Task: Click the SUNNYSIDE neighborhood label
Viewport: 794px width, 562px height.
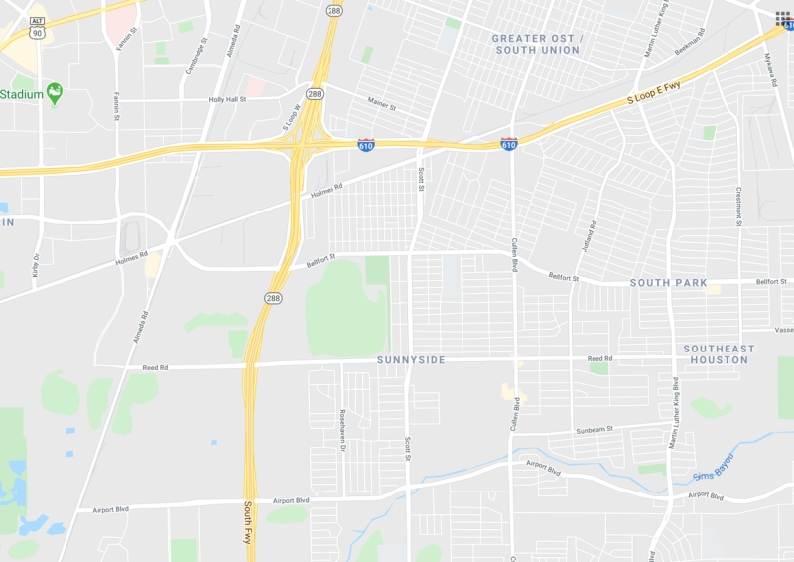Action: click(x=411, y=359)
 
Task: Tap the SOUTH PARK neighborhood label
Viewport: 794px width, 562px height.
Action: click(x=669, y=283)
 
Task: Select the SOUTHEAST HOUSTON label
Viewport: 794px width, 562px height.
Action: click(x=719, y=354)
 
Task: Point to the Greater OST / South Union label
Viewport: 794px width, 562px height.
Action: click(x=536, y=44)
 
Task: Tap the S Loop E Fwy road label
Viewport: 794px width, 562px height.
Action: click(x=653, y=95)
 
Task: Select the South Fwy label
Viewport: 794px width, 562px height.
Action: click(x=249, y=524)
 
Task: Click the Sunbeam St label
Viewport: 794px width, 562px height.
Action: click(x=595, y=430)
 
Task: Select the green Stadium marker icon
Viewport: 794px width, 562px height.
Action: click(x=55, y=93)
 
